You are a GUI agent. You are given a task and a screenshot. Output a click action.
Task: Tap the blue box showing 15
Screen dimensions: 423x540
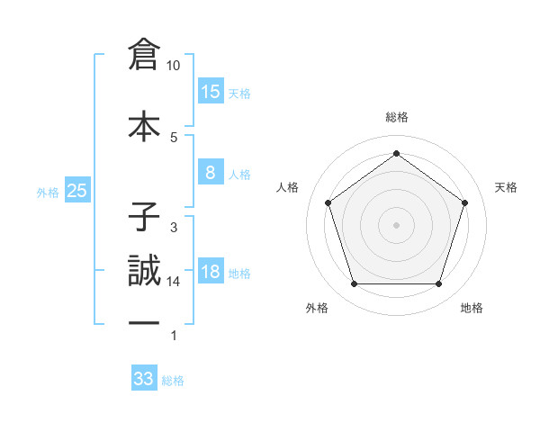pyautogui.click(x=211, y=92)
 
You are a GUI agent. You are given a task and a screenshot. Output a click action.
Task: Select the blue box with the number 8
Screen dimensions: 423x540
pyautogui.click(x=211, y=173)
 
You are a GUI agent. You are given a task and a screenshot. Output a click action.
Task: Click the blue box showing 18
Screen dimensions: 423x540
pyautogui.click(x=211, y=272)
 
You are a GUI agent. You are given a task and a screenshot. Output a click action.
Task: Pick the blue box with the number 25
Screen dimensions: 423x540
pyautogui.click(x=76, y=191)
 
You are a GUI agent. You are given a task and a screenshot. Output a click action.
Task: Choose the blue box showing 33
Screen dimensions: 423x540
pyautogui.click(x=144, y=379)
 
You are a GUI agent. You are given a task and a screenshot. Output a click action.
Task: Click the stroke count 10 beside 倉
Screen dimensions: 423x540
pyautogui.click(x=174, y=66)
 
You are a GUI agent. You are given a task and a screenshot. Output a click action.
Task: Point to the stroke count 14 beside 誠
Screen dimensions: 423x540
pyautogui.click(x=174, y=282)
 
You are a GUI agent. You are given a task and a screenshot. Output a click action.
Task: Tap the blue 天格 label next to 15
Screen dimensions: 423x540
pyautogui.click(x=239, y=94)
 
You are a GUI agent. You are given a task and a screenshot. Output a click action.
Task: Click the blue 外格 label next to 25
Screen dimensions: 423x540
pyautogui.click(x=48, y=192)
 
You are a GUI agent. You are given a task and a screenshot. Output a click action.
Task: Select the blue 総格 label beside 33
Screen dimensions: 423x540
pyautogui.click(x=174, y=381)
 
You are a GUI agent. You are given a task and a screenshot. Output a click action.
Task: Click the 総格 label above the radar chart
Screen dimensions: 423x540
pyautogui.click(x=397, y=118)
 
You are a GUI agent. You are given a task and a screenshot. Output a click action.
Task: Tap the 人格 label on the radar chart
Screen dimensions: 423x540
pyautogui.click(x=288, y=187)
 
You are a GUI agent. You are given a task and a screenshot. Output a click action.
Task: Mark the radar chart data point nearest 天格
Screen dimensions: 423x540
pyautogui.click(x=464, y=202)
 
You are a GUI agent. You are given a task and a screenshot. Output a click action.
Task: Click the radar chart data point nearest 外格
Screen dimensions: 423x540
pyautogui.click(x=354, y=284)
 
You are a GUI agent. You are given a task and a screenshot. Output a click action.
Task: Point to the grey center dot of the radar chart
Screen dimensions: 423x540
pyautogui.click(x=397, y=224)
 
